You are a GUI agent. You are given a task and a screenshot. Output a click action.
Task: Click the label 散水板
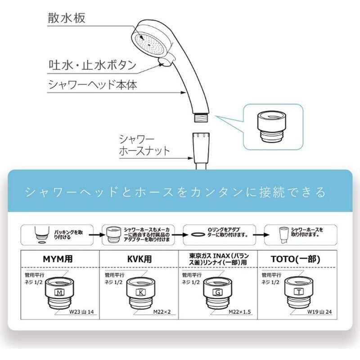click(67, 18)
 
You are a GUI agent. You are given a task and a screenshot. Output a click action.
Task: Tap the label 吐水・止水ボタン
click(93, 65)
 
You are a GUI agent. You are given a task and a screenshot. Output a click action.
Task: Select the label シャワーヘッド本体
click(92, 85)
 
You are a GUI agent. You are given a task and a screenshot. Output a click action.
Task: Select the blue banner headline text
click(175, 192)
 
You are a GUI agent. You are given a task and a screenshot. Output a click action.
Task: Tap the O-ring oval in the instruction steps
click(195, 235)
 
